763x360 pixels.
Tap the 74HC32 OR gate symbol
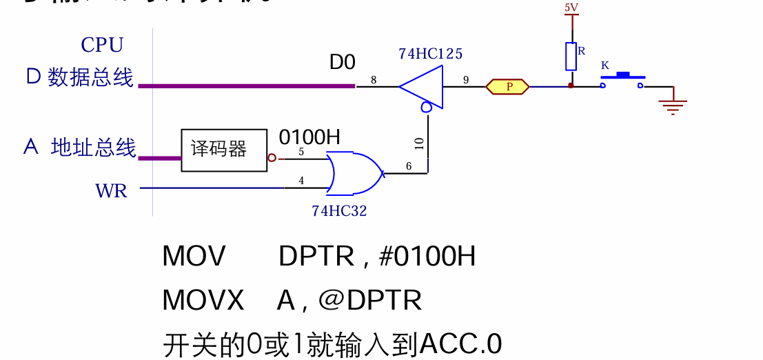point(353,173)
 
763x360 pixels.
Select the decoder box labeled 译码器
point(224,150)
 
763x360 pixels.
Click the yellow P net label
point(508,86)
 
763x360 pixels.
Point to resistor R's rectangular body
point(571,57)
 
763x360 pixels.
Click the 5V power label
point(571,8)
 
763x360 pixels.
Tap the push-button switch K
point(622,77)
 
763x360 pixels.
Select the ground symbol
point(673,103)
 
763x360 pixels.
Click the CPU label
point(102,45)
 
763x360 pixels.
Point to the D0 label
point(342,63)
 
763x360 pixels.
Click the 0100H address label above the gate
point(309,137)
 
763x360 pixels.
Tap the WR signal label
point(112,190)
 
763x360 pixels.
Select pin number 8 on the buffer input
point(374,80)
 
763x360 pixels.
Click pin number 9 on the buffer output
point(466,80)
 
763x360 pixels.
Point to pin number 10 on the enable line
point(420,143)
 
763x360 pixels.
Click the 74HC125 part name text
point(430,54)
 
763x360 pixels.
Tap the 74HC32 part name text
point(339,211)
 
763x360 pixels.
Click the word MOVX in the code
point(203,301)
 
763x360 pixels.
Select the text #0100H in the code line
point(427,257)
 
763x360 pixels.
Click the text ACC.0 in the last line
point(460,343)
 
